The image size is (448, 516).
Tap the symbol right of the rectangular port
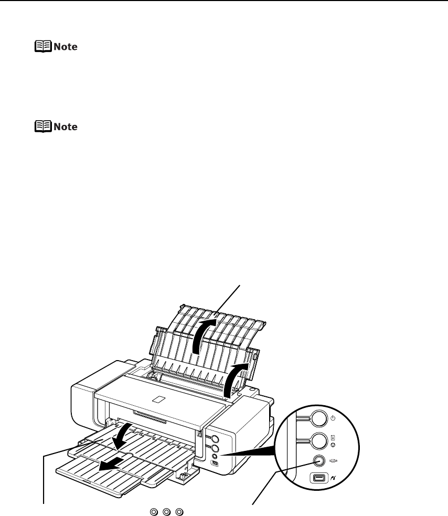pyautogui.click(x=333, y=478)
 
